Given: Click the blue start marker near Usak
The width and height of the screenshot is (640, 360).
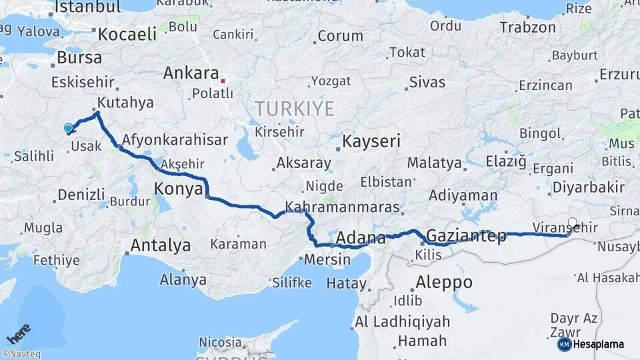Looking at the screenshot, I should (68, 127).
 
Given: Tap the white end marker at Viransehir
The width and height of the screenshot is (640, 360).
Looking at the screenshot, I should (573, 223).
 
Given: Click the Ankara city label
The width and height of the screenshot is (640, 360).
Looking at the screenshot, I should (191, 73).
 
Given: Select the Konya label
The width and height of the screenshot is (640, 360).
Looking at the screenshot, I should (178, 189).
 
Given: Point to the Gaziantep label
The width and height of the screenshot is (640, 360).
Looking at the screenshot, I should (465, 236).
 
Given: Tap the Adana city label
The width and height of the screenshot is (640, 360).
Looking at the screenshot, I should (361, 239).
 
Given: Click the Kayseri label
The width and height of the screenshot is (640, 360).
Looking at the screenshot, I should (371, 141).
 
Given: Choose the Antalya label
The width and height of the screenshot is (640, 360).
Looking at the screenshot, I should (160, 245).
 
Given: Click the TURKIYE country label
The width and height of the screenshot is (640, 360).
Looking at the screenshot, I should (294, 109).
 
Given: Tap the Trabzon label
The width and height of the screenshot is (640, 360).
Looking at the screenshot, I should (527, 28).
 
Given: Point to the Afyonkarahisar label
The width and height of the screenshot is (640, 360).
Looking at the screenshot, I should (175, 141).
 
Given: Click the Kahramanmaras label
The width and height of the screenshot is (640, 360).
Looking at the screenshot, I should (342, 207).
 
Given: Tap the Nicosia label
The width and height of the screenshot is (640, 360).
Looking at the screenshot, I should (221, 342).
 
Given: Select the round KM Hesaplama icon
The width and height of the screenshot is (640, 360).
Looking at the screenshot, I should (564, 344).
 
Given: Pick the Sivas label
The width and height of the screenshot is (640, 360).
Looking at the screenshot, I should (427, 83).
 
